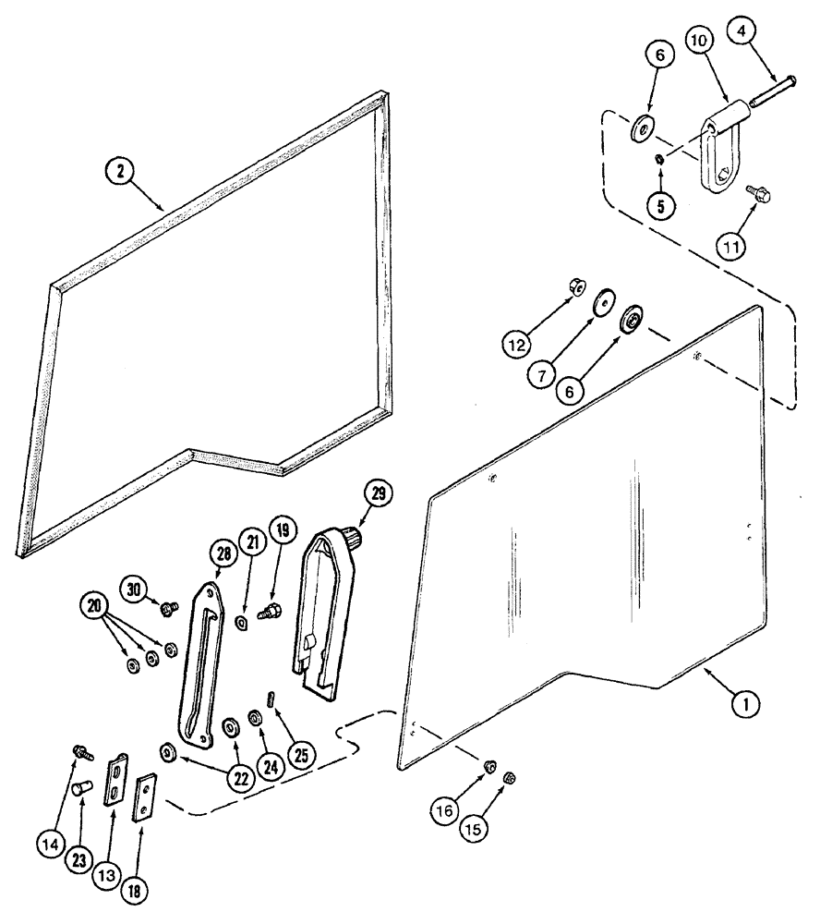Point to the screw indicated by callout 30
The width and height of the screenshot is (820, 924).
(x=169, y=608)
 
